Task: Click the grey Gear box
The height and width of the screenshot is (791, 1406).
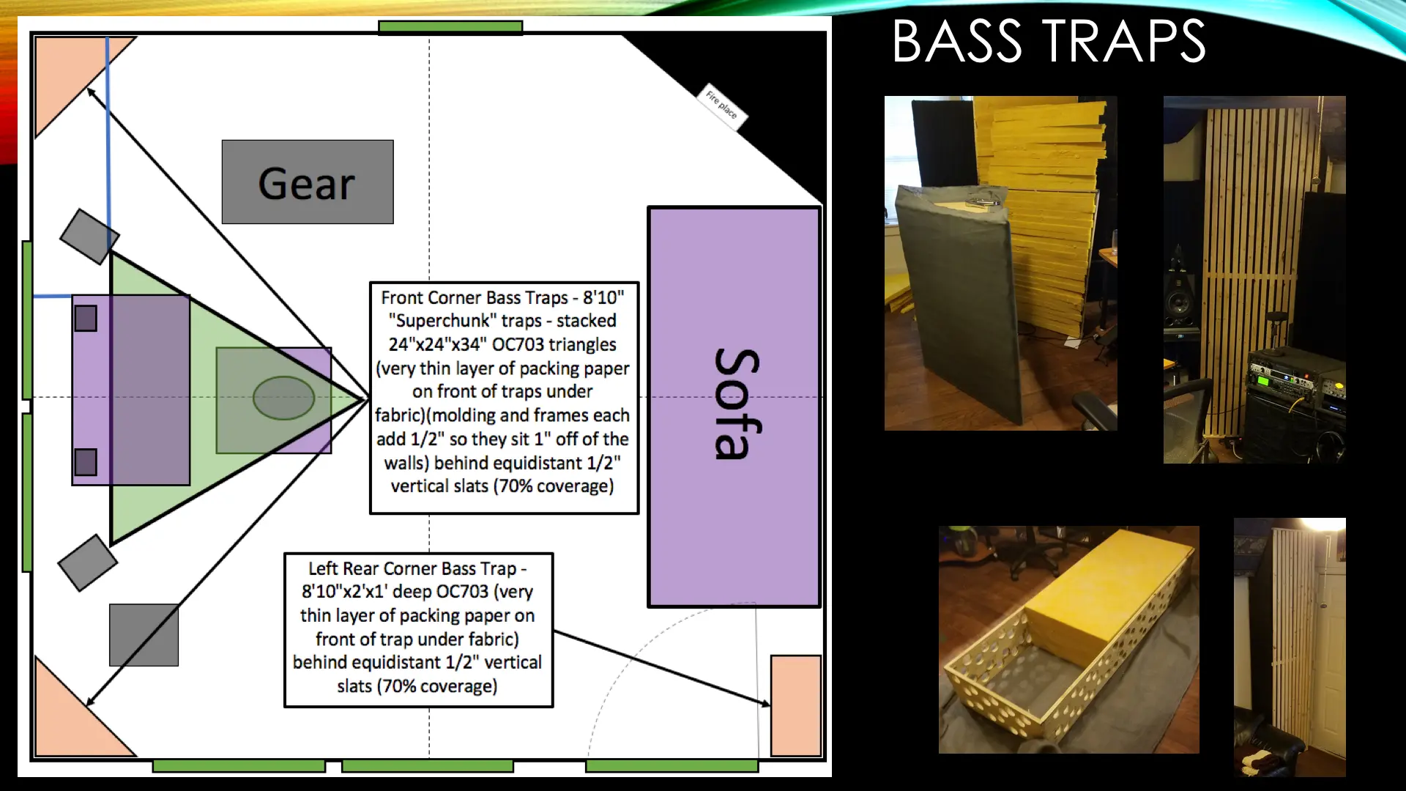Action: coord(308,182)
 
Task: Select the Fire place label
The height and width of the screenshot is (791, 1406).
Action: coord(721,105)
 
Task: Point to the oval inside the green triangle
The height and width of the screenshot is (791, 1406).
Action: coord(283,398)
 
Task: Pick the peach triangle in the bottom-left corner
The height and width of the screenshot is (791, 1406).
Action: coord(77,714)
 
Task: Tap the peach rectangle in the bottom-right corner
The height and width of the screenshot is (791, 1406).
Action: coord(796,705)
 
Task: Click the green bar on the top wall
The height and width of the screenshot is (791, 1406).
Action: coord(450,27)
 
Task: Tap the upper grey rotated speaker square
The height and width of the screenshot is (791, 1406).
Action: coord(89,237)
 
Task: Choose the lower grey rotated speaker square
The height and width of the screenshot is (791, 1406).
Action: coord(87,562)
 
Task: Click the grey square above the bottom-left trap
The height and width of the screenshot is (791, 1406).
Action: coord(144,635)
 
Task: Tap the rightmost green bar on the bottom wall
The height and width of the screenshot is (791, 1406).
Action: coord(672,766)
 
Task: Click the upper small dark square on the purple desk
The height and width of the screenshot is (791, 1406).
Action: coord(86,318)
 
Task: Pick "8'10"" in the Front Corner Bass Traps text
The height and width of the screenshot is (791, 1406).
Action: coord(603,297)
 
